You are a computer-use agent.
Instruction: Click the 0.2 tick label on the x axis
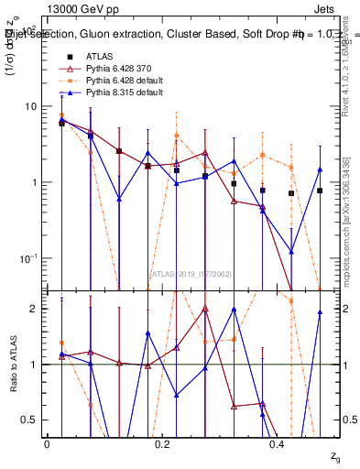[162, 443]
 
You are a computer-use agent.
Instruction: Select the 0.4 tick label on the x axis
[278, 443]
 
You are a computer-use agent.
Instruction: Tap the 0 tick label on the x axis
[47, 443]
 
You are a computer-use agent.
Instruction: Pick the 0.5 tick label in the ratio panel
[29, 420]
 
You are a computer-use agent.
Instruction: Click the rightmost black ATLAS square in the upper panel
[320, 191]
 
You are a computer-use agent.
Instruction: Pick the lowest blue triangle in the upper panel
[291, 251]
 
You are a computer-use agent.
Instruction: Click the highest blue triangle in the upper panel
[61, 120]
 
